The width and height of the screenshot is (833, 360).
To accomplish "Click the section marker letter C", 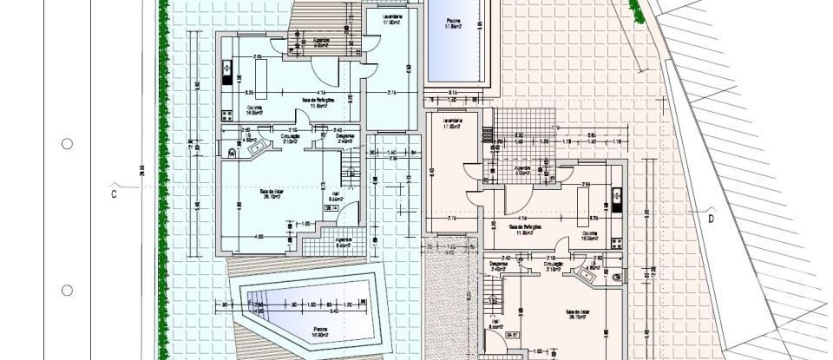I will click(x=113, y=193).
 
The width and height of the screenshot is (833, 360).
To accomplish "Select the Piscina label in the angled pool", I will click(x=310, y=330).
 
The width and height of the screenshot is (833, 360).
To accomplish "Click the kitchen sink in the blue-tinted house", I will click(x=227, y=69).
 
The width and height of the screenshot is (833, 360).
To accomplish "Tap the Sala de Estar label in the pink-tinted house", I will click(x=578, y=313).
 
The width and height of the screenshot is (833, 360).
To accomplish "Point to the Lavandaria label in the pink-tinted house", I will click(x=450, y=122).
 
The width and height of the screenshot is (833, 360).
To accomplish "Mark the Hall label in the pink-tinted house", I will click(x=495, y=324).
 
